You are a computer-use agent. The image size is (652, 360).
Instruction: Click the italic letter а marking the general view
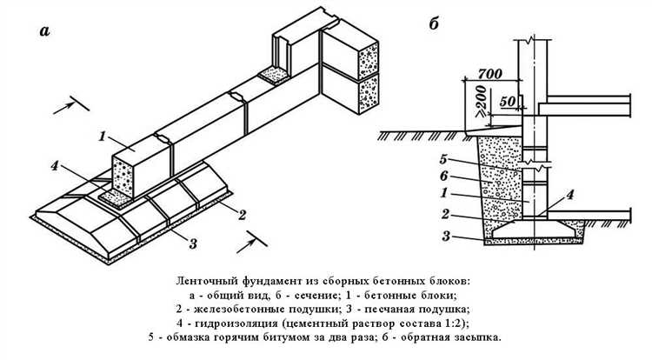pyautogui.click(x=43, y=33)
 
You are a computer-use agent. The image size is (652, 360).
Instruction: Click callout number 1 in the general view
pyautogui.click(x=102, y=137)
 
